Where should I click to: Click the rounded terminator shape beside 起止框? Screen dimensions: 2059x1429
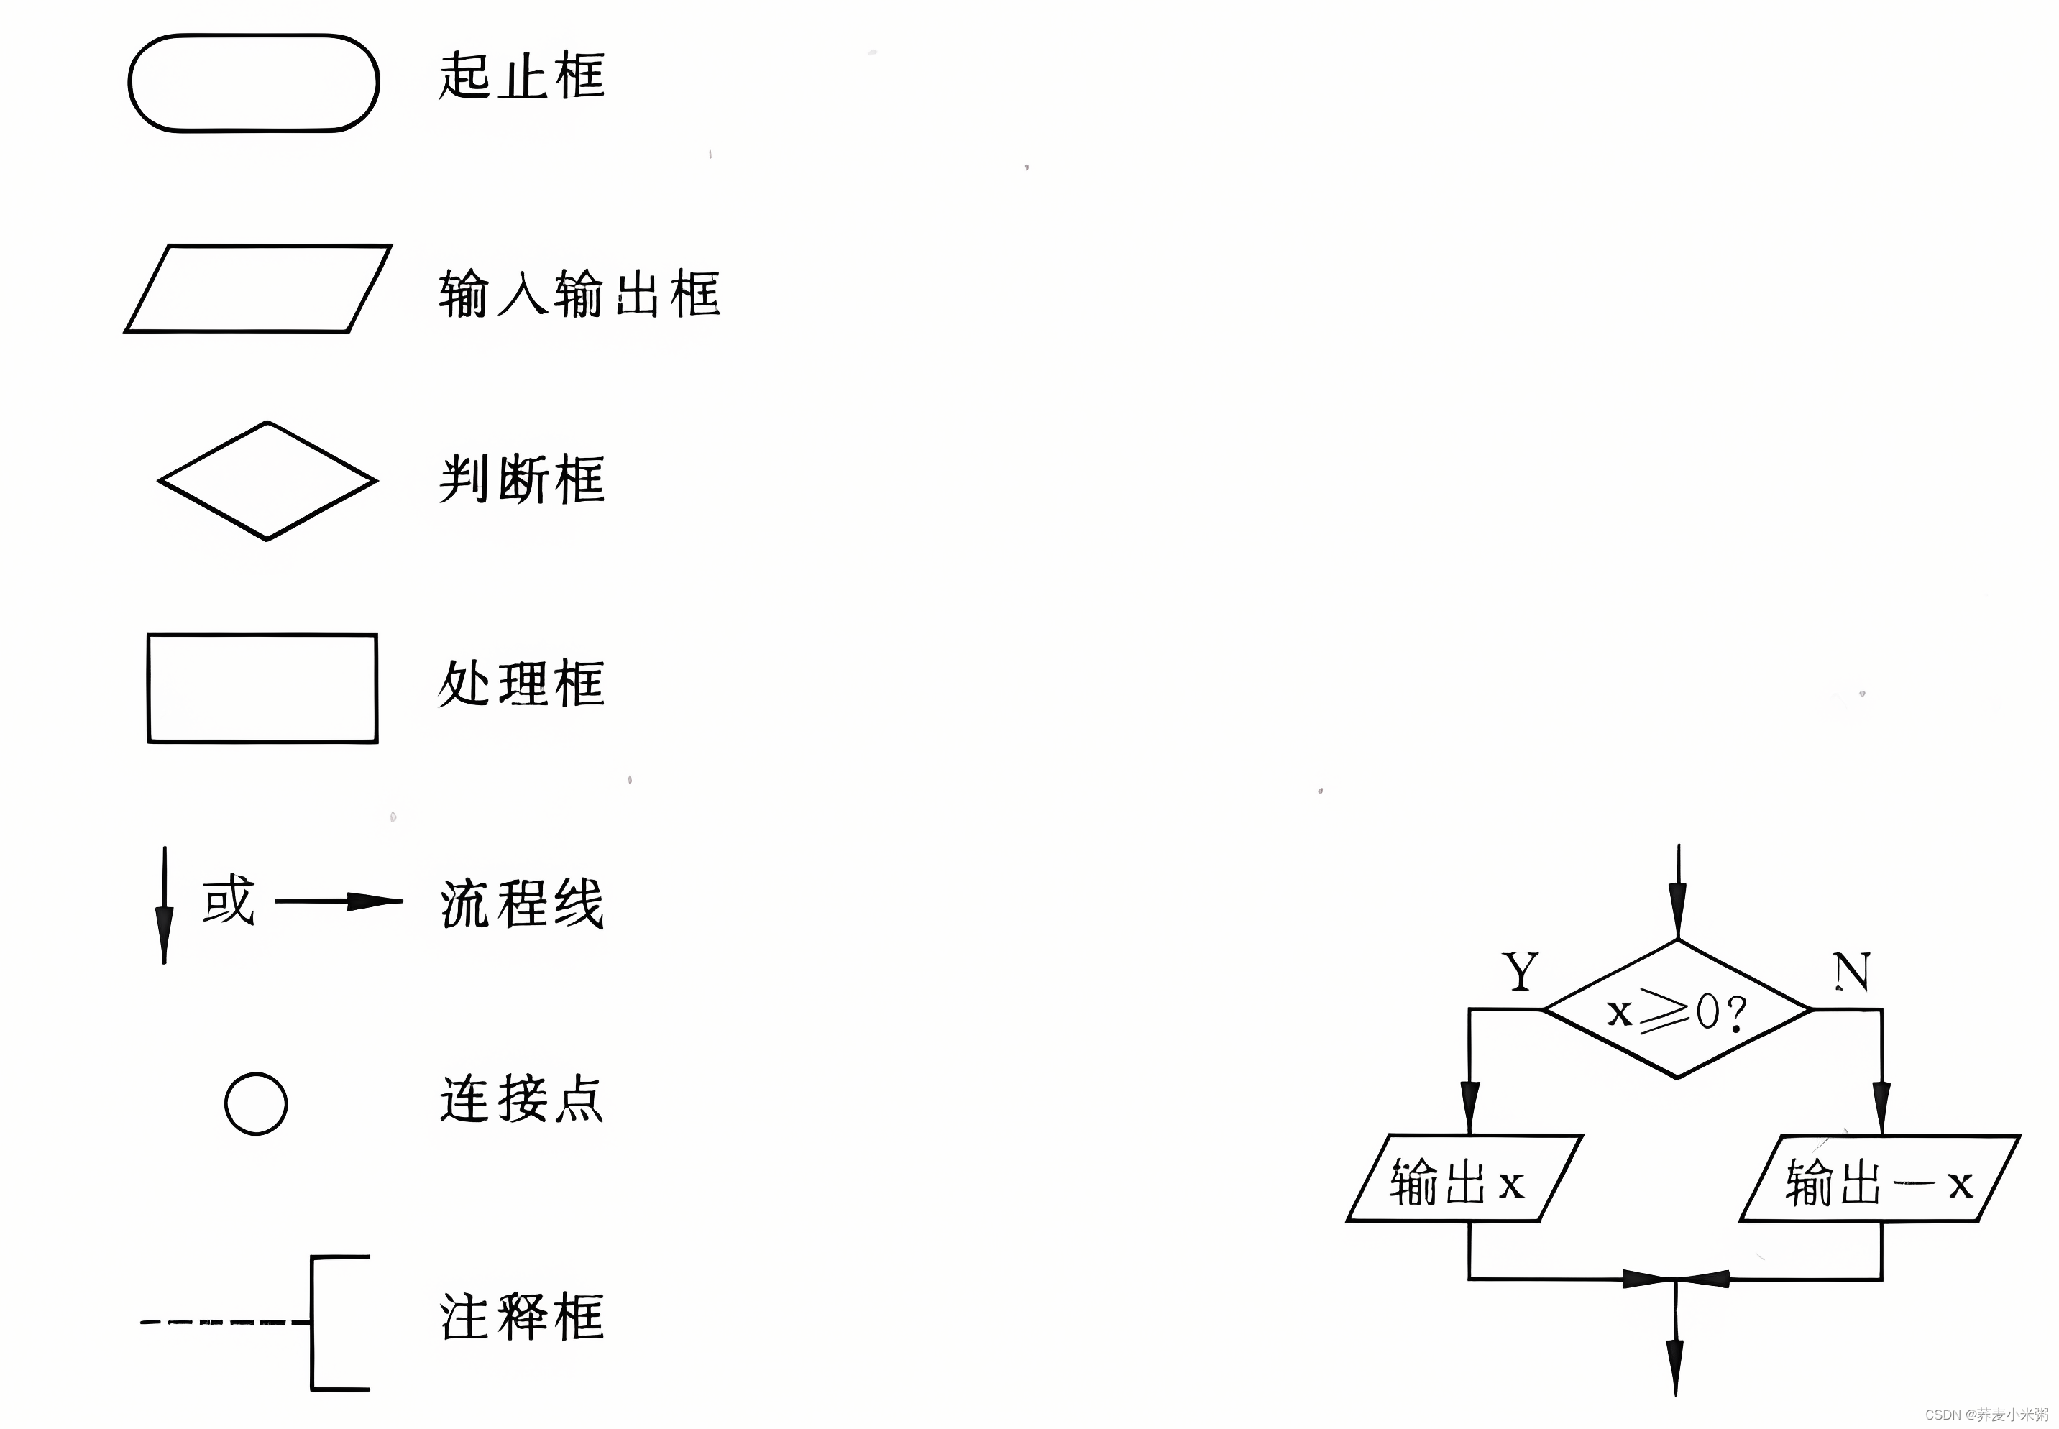pyautogui.click(x=254, y=83)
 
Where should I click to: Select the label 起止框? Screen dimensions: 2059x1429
pyautogui.click(x=521, y=76)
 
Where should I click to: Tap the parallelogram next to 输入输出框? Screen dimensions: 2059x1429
pyautogui.click(x=258, y=288)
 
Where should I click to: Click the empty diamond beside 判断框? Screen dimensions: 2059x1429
pyautogui.click(x=267, y=481)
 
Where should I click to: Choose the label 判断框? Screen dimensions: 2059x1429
pyautogui.click(x=521, y=479)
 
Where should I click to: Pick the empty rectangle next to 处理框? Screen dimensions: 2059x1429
pyautogui.click(x=262, y=688)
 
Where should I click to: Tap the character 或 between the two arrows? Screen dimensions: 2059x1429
pyautogui.click(x=229, y=900)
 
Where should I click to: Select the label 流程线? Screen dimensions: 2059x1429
pyautogui.click(x=521, y=904)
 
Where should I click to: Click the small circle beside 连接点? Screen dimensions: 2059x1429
pyautogui.click(x=256, y=1103)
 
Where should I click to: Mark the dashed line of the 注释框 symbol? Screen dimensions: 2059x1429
pyautogui.click(x=224, y=1322)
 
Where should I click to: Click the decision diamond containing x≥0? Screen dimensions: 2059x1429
pyautogui.click(x=1677, y=1010)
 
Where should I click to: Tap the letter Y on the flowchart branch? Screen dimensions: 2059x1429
pyautogui.click(x=1520, y=971)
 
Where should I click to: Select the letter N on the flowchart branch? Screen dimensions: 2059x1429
pyautogui.click(x=1851, y=971)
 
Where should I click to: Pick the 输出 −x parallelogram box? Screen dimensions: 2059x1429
pyautogui.click(x=1879, y=1179)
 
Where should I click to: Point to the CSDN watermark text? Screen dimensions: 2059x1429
pyautogui.click(x=1986, y=1415)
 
